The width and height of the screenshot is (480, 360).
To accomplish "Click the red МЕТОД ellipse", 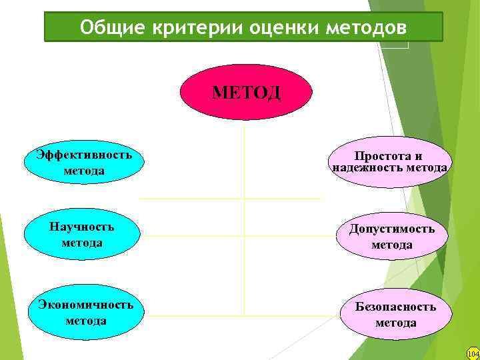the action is (x=245, y=92).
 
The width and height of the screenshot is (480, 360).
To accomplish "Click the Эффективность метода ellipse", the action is (x=84, y=163).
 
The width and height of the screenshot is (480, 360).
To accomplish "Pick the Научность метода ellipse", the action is (x=82, y=235).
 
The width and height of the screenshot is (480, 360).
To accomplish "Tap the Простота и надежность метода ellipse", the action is (x=389, y=162).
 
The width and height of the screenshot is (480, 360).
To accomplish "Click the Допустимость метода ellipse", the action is (x=392, y=237).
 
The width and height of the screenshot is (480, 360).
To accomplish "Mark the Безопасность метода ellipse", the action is (x=395, y=314).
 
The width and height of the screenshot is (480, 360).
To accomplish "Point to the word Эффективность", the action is (x=84, y=155).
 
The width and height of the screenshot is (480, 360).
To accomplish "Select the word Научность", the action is (x=82, y=227).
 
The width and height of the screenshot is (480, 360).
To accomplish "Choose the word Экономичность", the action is (x=85, y=305).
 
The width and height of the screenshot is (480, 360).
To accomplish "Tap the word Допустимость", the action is (x=392, y=229).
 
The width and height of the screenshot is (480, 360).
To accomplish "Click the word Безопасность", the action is (x=395, y=307).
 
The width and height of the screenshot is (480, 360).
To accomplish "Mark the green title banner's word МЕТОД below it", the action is (x=246, y=91).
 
